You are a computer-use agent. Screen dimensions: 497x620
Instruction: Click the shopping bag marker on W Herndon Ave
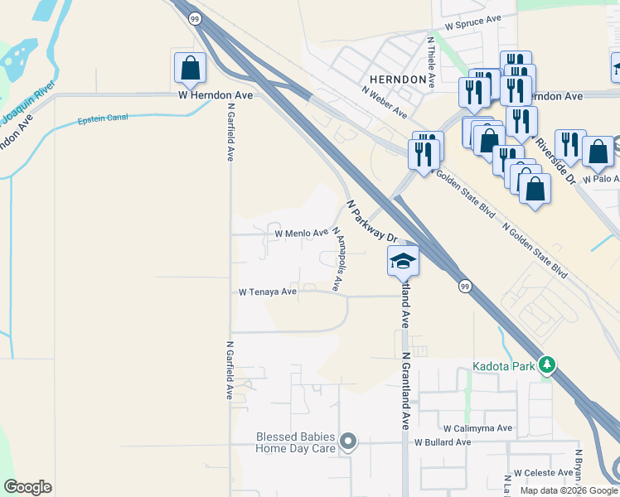point(190,69)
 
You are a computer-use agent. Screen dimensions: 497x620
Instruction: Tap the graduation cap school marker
point(403,261)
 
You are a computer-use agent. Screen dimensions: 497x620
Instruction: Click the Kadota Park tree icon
point(546,365)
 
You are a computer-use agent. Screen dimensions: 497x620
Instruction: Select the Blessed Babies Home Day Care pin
point(349,442)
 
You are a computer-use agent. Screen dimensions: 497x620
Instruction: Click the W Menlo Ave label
point(302,234)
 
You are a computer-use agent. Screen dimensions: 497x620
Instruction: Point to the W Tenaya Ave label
point(268,292)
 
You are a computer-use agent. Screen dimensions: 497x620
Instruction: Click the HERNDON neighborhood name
point(399,80)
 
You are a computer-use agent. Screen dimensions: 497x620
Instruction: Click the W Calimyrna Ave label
point(478,428)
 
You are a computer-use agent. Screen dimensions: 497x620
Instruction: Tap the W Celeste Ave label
point(543,472)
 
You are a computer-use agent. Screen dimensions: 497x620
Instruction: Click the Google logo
point(27,487)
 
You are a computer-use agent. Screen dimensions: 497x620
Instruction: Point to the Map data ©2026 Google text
point(568,490)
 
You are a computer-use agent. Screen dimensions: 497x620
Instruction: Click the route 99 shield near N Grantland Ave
point(464,284)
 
